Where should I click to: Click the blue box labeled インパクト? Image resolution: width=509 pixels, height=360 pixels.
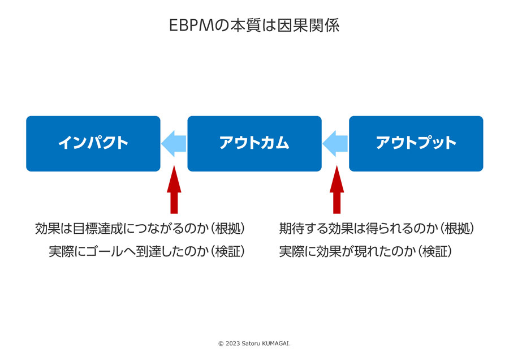[93, 144]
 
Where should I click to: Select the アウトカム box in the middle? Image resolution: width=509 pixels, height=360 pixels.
[255, 144]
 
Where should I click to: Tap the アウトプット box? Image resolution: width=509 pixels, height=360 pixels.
[416, 144]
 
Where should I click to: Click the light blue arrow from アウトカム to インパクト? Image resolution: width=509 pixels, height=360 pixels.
[174, 144]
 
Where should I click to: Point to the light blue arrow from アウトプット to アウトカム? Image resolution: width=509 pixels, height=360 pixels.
[335, 144]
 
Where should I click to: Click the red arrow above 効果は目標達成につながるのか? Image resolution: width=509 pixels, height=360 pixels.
[174, 190]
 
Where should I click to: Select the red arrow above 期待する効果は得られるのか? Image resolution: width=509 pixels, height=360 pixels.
[337, 190]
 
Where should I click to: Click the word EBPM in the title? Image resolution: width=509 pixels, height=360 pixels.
[192, 25]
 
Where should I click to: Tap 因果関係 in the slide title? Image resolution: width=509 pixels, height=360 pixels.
[308, 25]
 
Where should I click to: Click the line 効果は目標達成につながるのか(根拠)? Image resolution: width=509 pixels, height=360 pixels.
[140, 229]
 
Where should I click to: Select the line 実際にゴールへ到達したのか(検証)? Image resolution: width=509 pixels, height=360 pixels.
[146, 251]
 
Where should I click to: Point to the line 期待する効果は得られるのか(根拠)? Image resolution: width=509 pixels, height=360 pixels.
[377, 229]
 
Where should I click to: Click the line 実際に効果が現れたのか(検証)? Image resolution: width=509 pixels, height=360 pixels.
[365, 251]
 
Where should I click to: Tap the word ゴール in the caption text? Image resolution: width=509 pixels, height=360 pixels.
[105, 251]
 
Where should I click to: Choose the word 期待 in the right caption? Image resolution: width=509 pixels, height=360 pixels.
[291, 229]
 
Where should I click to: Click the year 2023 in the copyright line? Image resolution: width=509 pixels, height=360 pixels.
[232, 344]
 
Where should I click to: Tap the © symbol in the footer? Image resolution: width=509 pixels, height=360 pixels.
[221, 344]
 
